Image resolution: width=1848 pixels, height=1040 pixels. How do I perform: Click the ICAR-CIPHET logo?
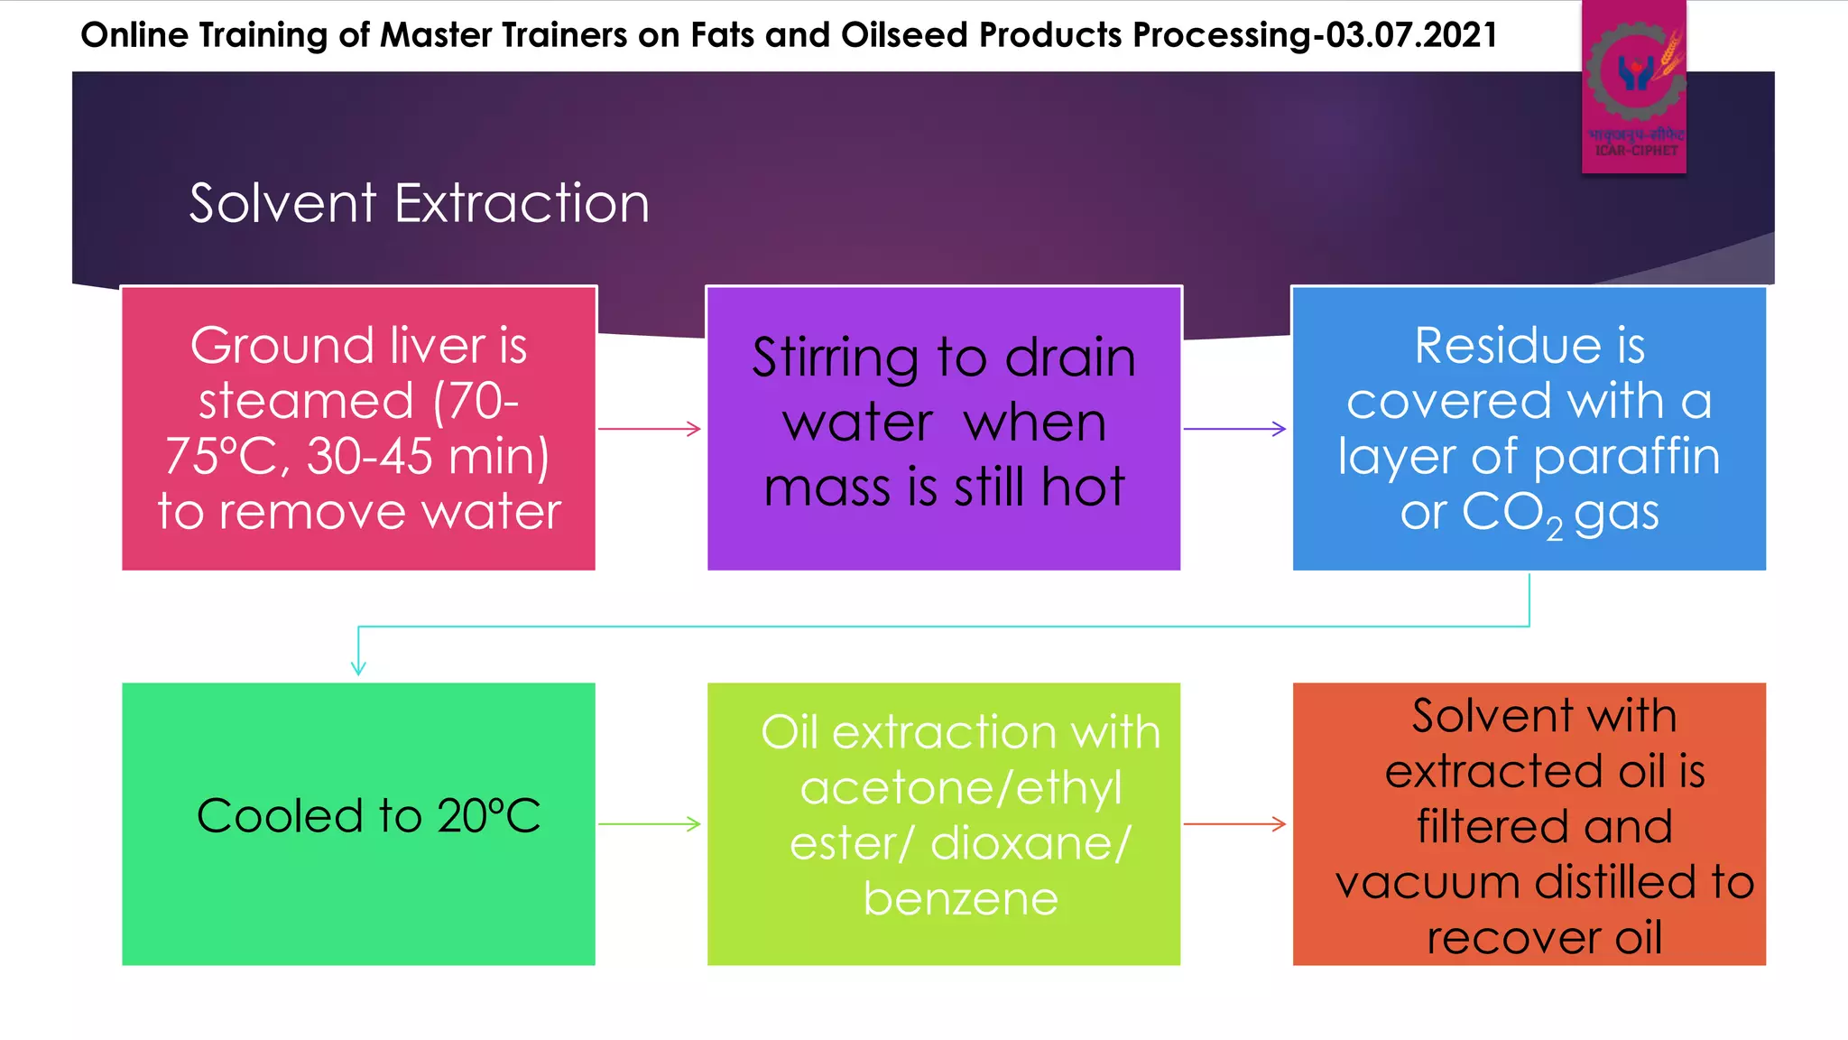pos(1634,86)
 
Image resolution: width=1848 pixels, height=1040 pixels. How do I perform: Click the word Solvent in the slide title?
pos(282,203)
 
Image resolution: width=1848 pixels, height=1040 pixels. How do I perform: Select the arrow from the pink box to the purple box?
pos(650,429)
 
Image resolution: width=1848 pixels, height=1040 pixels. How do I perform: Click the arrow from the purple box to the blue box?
pos(1234,429)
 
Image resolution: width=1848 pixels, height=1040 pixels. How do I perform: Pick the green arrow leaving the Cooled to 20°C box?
pos(650,823)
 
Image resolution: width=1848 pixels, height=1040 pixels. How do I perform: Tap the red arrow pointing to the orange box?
pos(1234,823)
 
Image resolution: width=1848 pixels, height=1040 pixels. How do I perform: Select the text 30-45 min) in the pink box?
pos(428,457)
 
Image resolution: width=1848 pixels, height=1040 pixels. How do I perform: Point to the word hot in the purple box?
pos(1083,487)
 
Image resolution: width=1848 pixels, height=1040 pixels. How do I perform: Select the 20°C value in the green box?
pos(488,816)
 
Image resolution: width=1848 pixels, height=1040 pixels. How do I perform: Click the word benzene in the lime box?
pos(960,899)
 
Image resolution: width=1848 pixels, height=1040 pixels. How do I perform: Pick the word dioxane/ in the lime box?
pos(1030,844)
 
